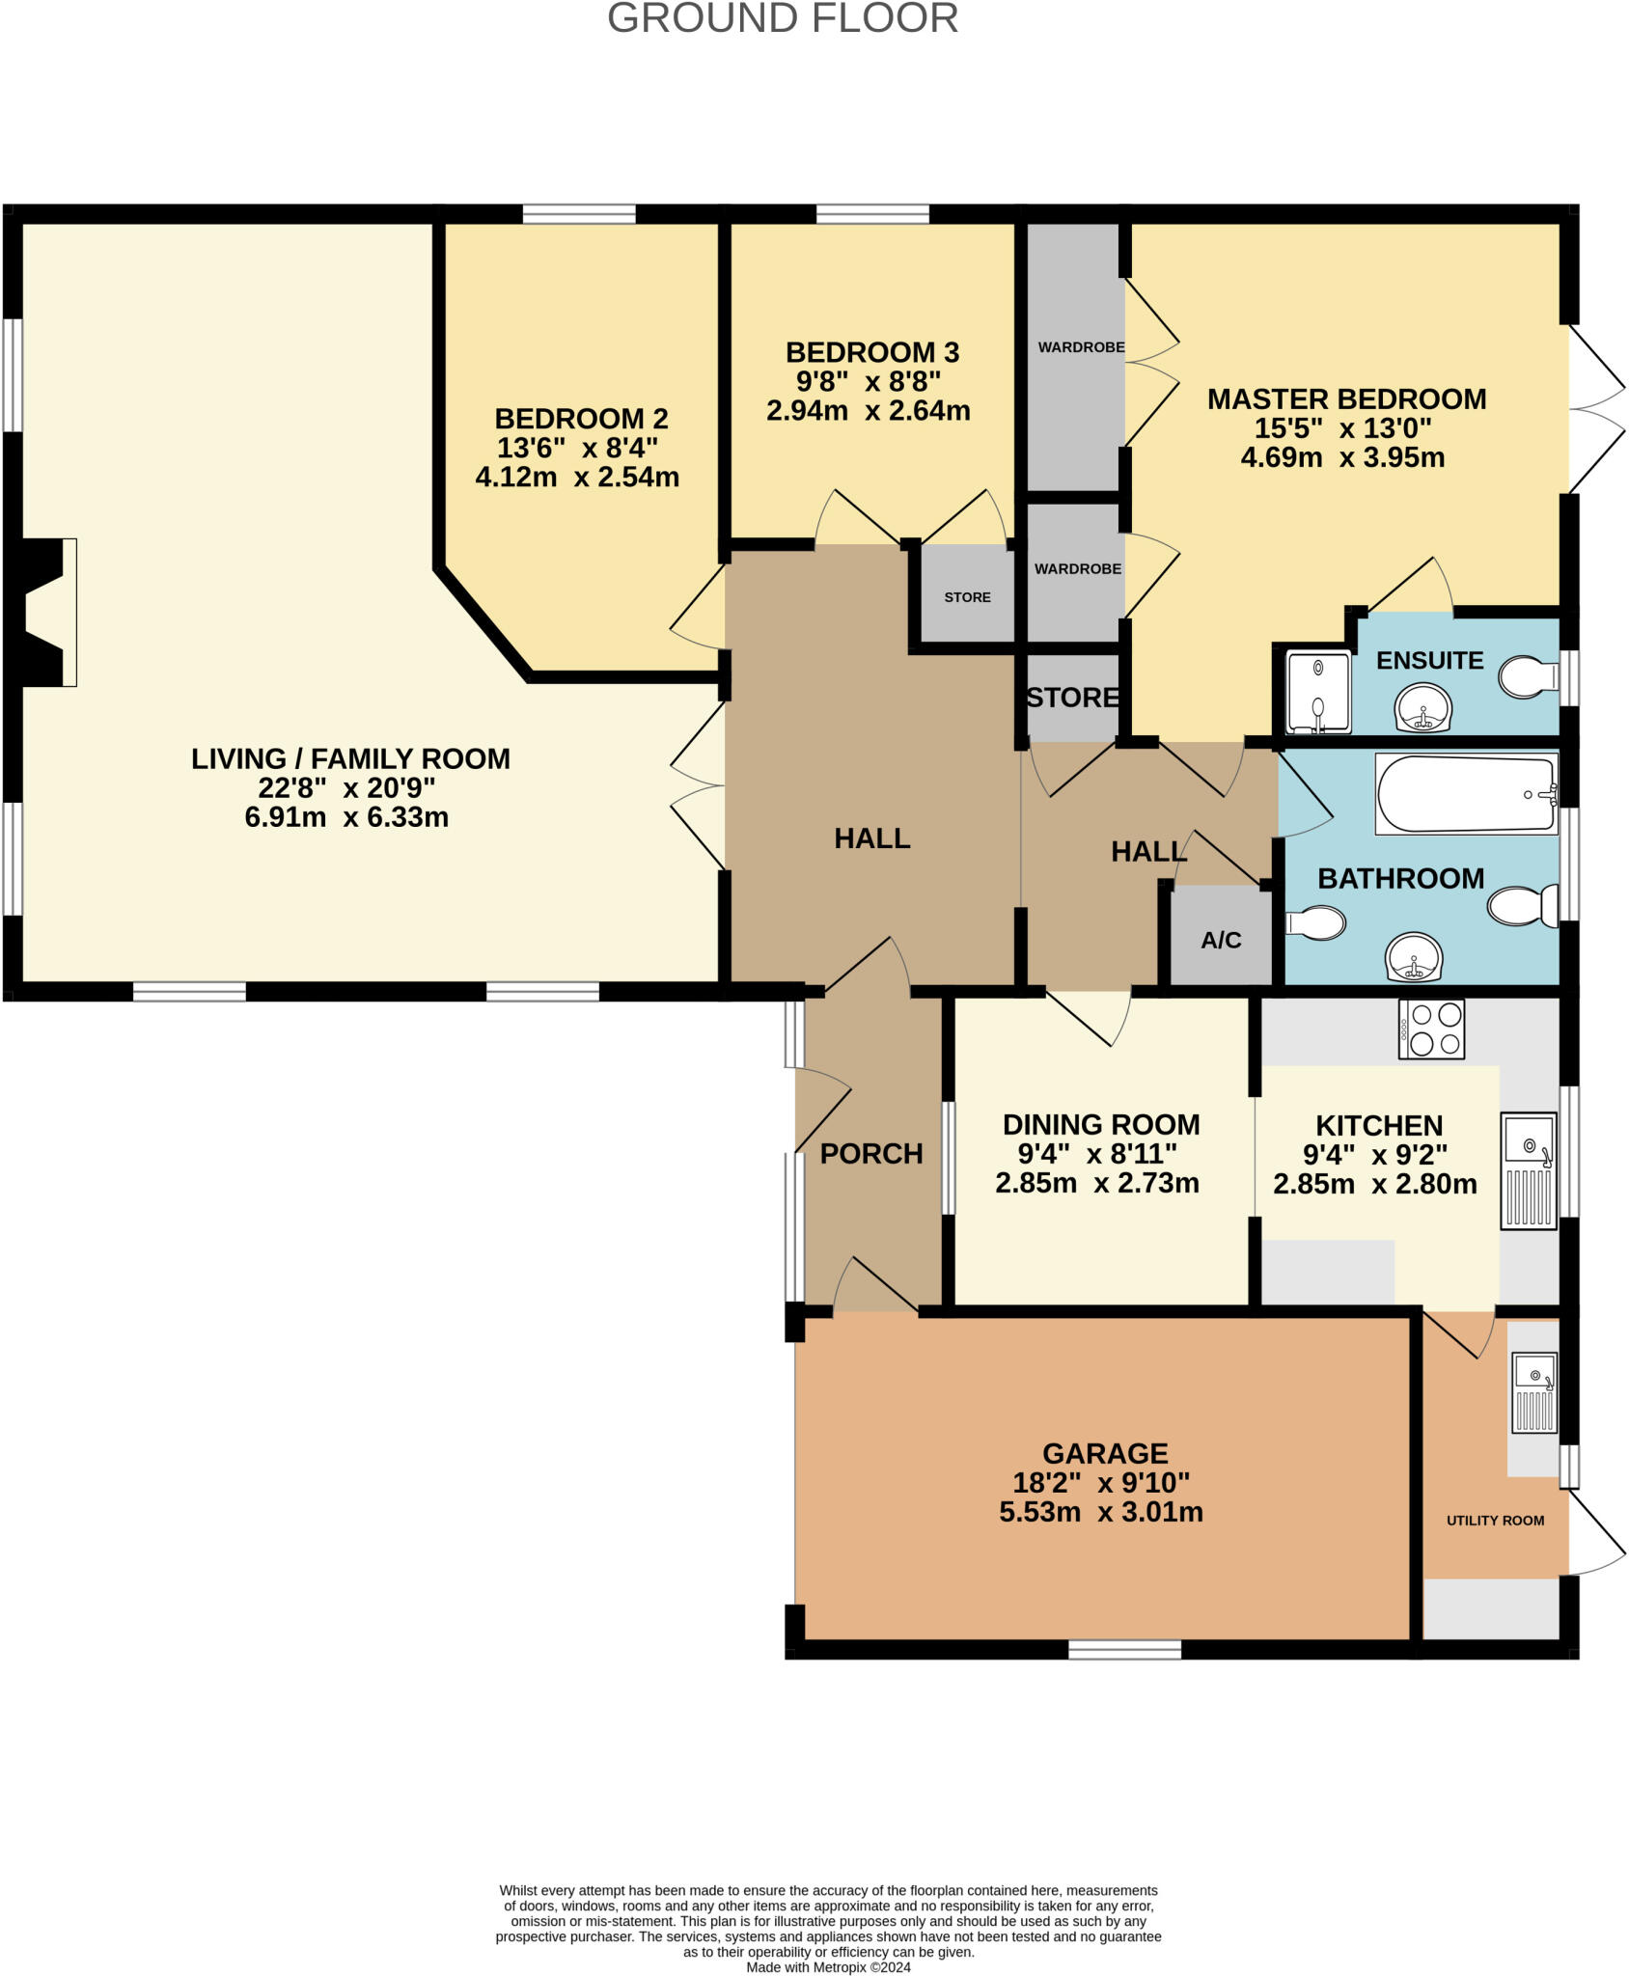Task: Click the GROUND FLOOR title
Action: point(782,19)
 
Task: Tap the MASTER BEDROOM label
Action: point(1346,398)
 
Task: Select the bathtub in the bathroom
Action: point(1465,794)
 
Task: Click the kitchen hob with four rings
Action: point(1431,1029)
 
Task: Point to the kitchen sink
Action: point(1528,1171)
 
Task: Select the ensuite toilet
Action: point(1528,677)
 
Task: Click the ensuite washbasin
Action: point(1422,708)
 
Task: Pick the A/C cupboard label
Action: point(1221,940)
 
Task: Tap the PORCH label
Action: point(870,1154)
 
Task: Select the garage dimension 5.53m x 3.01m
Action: point(1100,1512)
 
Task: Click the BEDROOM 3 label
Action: point(871,352)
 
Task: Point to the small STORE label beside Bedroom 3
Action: point(967,597)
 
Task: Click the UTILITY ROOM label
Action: point(1494,1521)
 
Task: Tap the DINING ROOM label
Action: point(1100,1125)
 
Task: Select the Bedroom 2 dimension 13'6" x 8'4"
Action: point(577,448)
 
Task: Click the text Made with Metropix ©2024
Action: point(828,1967)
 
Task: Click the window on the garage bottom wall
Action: point(1124,1650)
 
